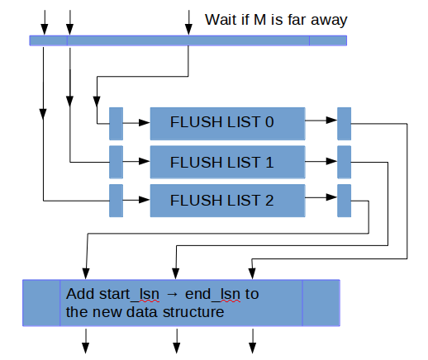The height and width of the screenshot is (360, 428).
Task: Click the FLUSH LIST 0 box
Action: coord(227,123)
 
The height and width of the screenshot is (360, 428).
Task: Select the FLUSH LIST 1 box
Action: coord(227,162)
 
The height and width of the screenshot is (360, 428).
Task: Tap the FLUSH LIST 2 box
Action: coord(227,201)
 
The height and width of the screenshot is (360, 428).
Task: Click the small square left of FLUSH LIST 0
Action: coord(116,123)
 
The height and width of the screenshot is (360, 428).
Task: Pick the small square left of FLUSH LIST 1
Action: coord(116,162)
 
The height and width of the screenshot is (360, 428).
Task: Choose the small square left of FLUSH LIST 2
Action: coord(116,201)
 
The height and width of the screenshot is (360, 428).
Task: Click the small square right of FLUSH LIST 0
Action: coord(344,123)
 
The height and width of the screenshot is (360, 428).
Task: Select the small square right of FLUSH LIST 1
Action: coord(344,162)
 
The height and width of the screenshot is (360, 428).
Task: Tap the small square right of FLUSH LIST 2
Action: coord(344,201)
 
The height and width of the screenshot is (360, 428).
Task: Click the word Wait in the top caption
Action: coord(220,19)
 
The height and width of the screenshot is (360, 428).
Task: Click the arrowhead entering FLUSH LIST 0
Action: coord(145,123)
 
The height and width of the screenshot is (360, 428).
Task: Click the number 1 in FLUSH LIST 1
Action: coord(269,162)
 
